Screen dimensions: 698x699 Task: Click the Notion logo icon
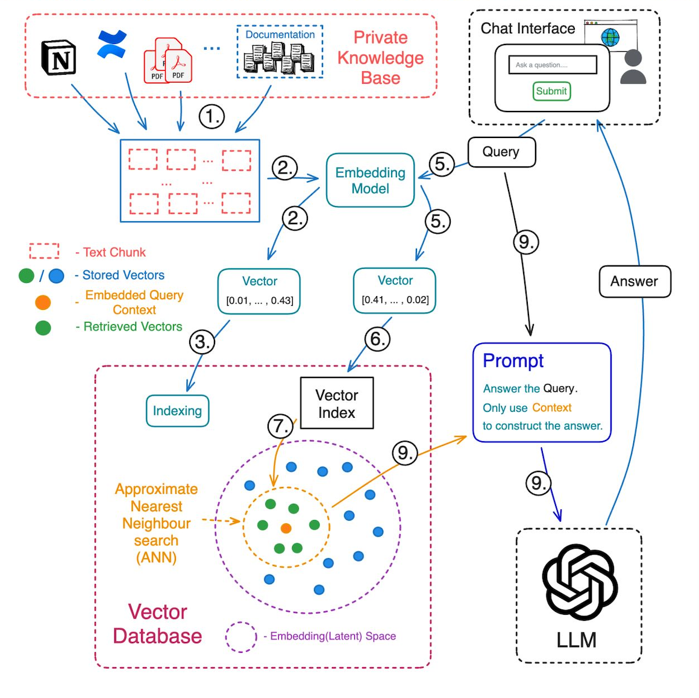[58, 58]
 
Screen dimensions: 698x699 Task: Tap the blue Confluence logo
[112, 45]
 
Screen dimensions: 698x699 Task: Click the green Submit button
[551, 91]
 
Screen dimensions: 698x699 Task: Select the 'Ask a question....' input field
[552, 64]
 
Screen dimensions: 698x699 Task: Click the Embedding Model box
[370, 180]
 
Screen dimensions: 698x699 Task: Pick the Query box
[501, 152]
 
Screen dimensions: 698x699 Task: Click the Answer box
[634, 281]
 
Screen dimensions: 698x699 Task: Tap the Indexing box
[177, 411]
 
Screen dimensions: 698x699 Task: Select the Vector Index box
[337, 403]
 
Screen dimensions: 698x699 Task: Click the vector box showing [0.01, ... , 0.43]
[259, 291]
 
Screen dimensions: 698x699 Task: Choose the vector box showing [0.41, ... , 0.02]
[395, 291]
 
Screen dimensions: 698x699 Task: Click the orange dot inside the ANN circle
[286, 528]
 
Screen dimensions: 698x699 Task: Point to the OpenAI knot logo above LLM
[579, 582]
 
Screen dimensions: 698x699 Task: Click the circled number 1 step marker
[212, 116]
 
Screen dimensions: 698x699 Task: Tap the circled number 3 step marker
[202, 342]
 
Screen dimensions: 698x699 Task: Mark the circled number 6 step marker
[377, 339]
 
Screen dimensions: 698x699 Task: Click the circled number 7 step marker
[280, 427]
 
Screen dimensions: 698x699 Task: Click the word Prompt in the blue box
[513, 360]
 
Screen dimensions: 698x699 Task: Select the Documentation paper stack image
[279, 58]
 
